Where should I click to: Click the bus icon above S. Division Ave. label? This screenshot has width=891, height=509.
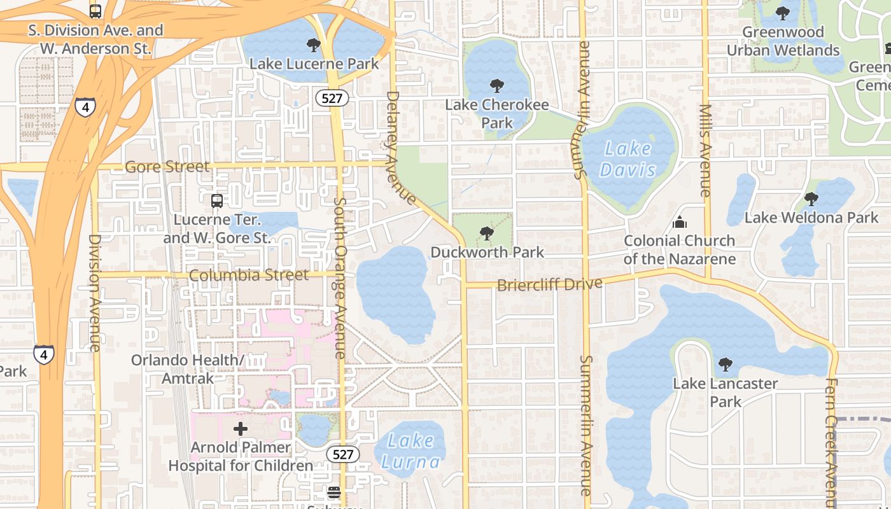[x=95, y=11]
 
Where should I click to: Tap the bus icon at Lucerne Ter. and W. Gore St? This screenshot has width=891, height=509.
[x=217, y=201]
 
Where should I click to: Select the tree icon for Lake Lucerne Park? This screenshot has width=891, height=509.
[x=313, y=45]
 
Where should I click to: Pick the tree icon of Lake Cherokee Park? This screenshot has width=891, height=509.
[x=496, y=86]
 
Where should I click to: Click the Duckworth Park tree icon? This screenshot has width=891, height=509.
[x=487, y=234]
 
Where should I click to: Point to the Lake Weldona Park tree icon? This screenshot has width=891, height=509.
[x=811, y=199]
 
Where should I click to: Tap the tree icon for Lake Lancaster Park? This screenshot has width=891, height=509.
[x=725, y=365]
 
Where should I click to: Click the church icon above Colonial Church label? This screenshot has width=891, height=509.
[x=680, y=222]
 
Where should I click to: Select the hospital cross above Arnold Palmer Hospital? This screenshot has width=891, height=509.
[x=241, y=429]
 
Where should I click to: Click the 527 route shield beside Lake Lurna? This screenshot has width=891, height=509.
[x=342, y=454]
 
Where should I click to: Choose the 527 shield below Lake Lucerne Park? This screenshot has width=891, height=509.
[x=332, y=98]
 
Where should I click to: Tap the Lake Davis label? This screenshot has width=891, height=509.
[x=628, y=159]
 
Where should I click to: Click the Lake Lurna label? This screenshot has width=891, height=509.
[x=410, y=450]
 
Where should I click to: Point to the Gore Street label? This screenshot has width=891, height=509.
[x=167, y=167]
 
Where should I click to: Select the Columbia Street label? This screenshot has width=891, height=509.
[x=248, y=275]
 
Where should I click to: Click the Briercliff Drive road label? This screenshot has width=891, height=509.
[x=549, y=284]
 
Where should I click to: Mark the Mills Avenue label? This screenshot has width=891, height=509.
[x=705, y=150]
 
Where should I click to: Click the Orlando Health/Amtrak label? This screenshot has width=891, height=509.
[x=187, y=369]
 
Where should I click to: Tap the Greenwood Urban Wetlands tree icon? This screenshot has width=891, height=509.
[x=783, y=13]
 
